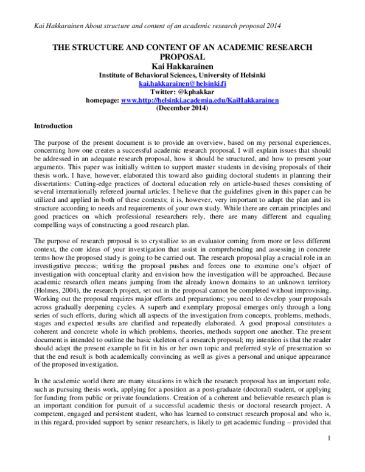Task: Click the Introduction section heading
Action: click(x=53, y=126)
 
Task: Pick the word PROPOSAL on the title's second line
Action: click(x=182, y=56)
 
